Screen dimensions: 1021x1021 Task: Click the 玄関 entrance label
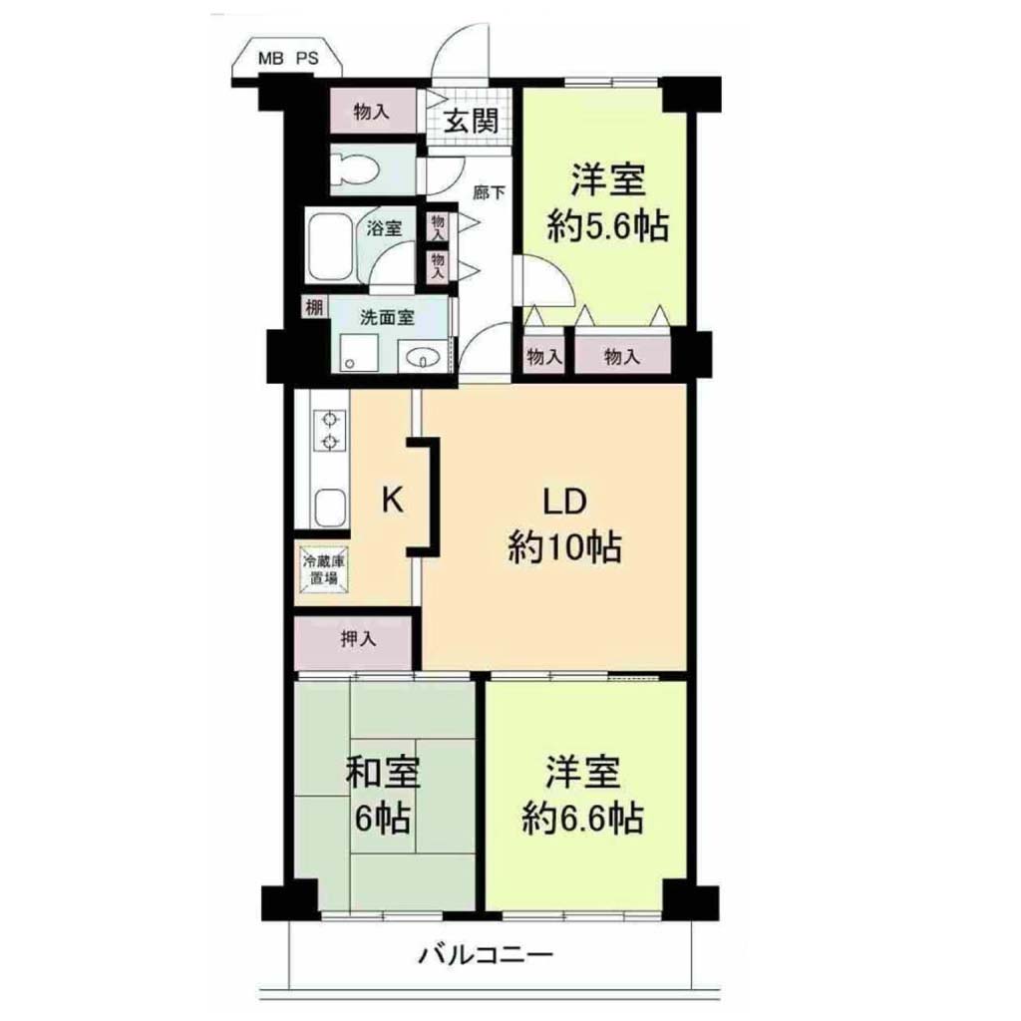point(472,121)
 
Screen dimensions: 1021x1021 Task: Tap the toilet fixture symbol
point(356,169)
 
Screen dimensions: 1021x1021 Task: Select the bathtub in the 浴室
point(330,245)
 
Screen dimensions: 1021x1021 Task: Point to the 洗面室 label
point(388,318)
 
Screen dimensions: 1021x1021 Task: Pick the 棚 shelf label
point(314,307)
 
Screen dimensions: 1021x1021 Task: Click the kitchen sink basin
point(330,508)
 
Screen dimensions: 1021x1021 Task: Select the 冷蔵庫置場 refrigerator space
point(323,569)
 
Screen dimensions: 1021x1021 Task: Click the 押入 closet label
point(359,639)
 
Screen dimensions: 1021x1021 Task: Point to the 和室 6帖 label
point(382,795)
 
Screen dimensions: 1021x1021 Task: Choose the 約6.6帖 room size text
point(582,819)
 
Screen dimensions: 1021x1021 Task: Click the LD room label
point(565,503)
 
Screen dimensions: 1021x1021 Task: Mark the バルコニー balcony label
point(486,955)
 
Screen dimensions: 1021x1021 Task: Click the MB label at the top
point(271,58)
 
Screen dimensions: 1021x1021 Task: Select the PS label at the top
point(308,58)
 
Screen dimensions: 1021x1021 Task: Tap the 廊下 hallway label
point(489,192)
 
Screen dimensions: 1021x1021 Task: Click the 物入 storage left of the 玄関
point(372,112)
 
